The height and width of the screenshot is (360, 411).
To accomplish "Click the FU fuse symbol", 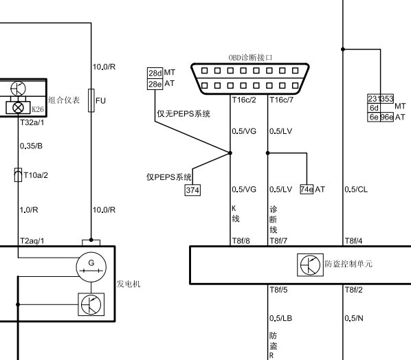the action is tap(91, 100).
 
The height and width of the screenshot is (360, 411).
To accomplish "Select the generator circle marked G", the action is tap(91, 267).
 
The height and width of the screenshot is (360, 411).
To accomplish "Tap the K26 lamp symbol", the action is tap(18, 107).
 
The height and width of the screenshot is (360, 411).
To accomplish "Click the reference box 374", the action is tap(192, 190).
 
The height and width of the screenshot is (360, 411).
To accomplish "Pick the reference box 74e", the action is tap(307, 189).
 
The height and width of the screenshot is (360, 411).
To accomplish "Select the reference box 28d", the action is tap(155, 73).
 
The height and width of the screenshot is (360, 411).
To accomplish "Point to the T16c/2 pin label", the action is tap(244, 100).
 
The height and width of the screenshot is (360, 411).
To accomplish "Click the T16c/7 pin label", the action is tap(282, 100).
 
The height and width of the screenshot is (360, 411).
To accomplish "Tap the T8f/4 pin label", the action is tap(353, 240).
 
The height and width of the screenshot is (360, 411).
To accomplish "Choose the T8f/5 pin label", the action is tap(278, 290).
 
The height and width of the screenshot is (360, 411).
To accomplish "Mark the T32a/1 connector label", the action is tap(32, 122).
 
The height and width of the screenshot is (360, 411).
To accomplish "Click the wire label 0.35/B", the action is tap(31, 146).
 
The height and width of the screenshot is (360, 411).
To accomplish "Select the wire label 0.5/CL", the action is tap(356, 190).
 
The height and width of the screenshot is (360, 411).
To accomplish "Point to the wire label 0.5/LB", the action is tap(280, 318).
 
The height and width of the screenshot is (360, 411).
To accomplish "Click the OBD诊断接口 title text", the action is tap(250, 58).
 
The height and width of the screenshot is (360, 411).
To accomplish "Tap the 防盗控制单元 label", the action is tap(348, 264).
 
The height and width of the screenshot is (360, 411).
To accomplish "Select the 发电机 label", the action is tap(129, 284).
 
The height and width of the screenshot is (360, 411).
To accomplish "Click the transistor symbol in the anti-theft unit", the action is tap(310, 265).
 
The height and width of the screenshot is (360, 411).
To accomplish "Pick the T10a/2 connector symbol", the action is tap(18, 175).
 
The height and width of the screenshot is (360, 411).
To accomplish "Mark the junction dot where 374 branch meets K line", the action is tap(230, 153).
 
